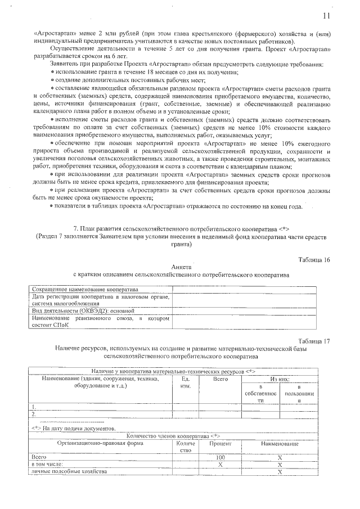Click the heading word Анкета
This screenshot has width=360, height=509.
(x=180, y=267)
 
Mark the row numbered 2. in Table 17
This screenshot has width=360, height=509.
(x=34, y=415)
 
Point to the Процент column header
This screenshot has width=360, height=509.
(x=220, y=444)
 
